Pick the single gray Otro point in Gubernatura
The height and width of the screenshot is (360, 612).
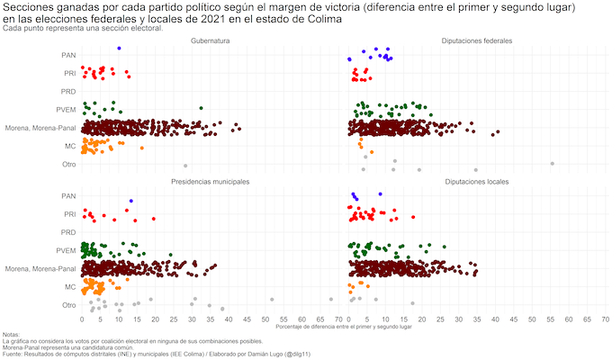pyautogui.click(x=185, y=166)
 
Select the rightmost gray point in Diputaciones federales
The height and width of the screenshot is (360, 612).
pyautogui.click(x=552, y=163)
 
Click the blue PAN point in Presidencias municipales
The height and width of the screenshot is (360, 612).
pyautogui.click(x=131, y=200)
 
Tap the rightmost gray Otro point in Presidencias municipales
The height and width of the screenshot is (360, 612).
pyautogui.click(x=331, y=299)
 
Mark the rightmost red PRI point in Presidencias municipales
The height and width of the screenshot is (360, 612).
pyautogui.click(x=154, y=218)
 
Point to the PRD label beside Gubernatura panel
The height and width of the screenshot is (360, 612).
pyautogui.click(x=67, y=92)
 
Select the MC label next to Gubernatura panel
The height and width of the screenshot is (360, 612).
pyautogui.click(x=69, y=146)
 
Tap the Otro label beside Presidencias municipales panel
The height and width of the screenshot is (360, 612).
pyautogui.click(x=68, y=305)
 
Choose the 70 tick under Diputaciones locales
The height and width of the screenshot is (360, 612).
pyautogui.click(x=606, y=319)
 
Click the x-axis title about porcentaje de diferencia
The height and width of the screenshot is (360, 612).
pyautogui.click(x=344, y=327)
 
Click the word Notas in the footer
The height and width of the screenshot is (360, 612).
pyautogui.click(x=12, y=335)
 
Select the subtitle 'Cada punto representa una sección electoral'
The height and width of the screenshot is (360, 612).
pyautogui.click(x=83, y=28)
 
